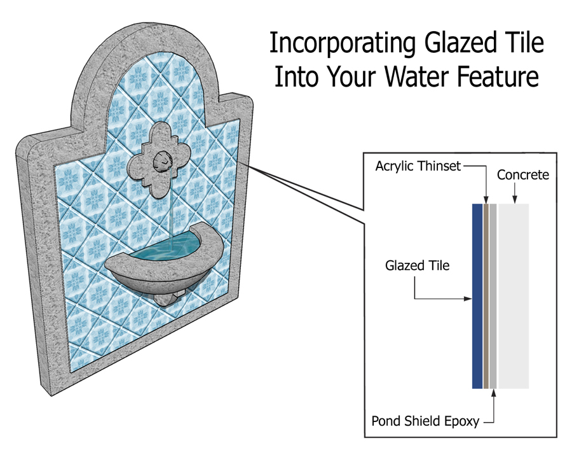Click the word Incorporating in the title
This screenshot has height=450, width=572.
tap(342, 44)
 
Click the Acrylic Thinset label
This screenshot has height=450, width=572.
tap(418, 166)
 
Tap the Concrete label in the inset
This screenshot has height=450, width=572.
tap(523, 175)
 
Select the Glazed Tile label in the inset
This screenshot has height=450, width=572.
tap(418, 265)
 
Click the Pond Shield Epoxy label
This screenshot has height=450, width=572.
tap(425, 421)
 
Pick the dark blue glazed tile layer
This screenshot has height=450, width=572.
tap(477, 296)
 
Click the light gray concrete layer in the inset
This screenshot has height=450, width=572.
tap(514, 296)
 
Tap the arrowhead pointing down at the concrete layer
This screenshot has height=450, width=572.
tap(514, 199)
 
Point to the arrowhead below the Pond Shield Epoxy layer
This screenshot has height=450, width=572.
tap(494, 393)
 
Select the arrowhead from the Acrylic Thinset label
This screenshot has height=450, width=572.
tap(486, 199)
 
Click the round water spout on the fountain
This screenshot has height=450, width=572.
tap(162, 162)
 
